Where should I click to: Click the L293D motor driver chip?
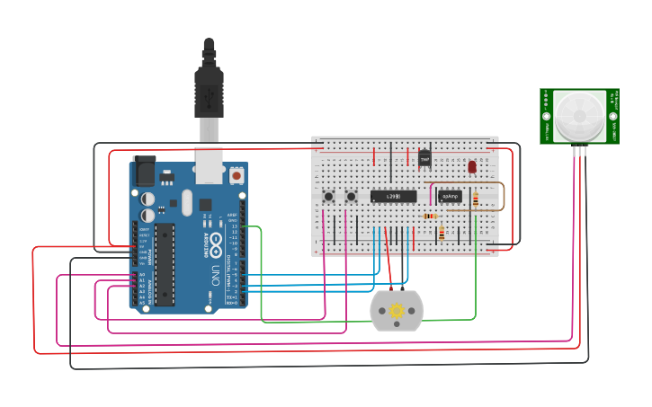coord(394,196)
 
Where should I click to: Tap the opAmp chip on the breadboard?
coord(451,196)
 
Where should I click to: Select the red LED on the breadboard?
coord(472,167)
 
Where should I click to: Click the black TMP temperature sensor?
coord(424,159)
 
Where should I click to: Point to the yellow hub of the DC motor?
coord(397,311)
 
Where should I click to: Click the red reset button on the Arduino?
coord(237,176)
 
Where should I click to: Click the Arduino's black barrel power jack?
coord(144,171)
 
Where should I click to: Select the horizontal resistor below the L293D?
coord(431,216)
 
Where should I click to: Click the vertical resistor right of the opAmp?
coord(475,199)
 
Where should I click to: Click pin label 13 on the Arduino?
coord(234,226)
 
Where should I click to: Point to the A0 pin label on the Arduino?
coord(141,274)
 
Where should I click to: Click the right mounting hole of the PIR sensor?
coord(613,116)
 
